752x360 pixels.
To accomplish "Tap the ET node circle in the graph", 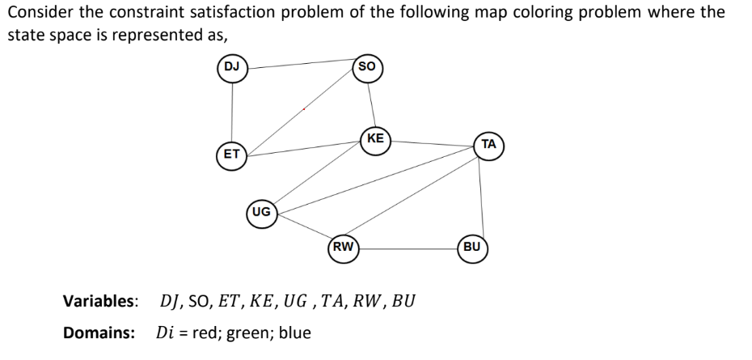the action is (x=232, y=153).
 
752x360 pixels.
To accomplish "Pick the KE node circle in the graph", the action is (x=375, y=140).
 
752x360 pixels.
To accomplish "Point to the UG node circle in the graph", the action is (x=261, y=213).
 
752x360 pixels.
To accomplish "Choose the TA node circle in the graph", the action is (x=488, y=146).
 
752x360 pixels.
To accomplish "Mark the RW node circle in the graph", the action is (x=343, y=248).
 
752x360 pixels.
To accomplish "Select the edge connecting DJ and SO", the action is (x=299, y=63).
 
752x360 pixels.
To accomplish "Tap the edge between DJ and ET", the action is (x=232, y=109).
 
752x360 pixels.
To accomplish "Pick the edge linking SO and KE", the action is (x=370, y=102).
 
